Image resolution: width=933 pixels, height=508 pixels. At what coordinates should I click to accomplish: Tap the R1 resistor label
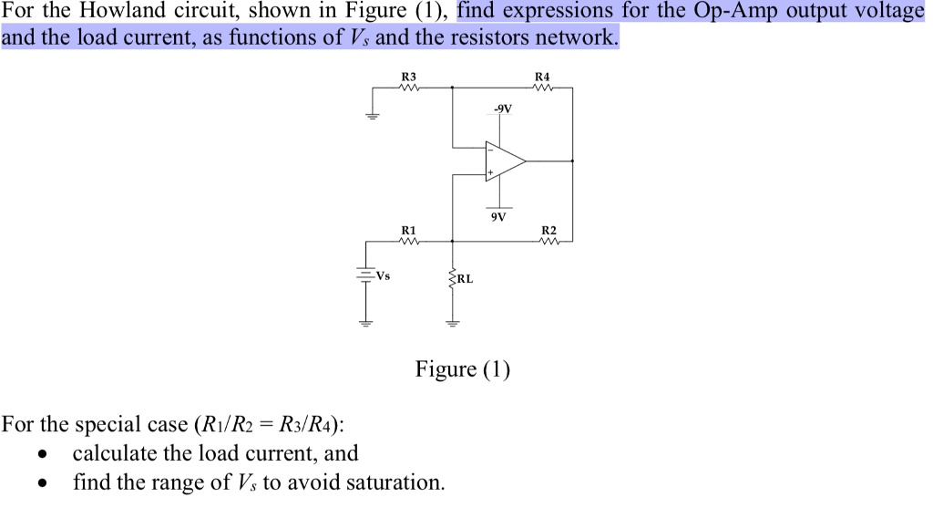(x=408, y=230)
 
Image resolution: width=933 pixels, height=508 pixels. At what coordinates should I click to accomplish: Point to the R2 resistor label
(x=548, y=230)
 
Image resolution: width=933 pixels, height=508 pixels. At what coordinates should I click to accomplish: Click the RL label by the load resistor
(x=464, y=279)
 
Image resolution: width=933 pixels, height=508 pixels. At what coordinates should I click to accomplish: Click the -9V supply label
(x=502, y=109)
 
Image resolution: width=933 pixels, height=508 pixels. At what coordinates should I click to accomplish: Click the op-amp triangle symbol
(x=504, y=161)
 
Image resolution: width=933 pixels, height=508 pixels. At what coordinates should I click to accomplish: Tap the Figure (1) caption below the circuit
(x=463, y=369)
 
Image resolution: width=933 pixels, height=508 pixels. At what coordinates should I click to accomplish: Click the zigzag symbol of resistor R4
(x=543, y=88)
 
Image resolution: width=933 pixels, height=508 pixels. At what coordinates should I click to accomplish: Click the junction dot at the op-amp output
(x=572, y=161)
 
